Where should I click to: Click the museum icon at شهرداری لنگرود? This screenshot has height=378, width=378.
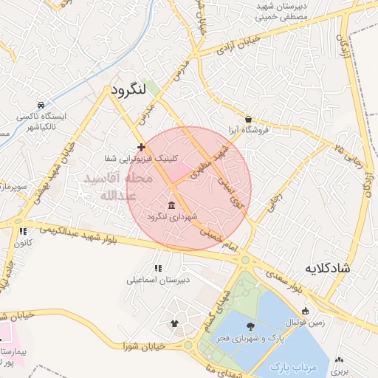click(x=171, y=205)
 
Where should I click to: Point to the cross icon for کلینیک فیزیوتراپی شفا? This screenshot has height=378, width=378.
click(x=141, y=148)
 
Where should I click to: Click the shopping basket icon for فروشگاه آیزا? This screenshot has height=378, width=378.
click(x=248, y=119)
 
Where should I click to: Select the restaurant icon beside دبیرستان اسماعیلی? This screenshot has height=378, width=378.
click(x=157, y=268)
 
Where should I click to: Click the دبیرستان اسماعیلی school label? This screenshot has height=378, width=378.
click(x=157, y=280)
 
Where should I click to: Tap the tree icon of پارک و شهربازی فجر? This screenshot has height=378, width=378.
click(x=251, y=326)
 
